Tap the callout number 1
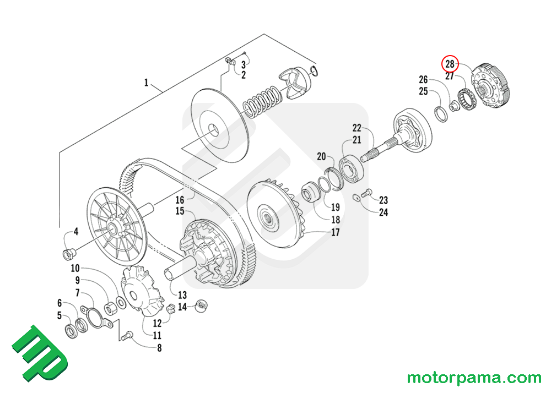(146, 83)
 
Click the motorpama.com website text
(474, 378)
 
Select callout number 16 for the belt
(180, 200)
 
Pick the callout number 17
(334, 232)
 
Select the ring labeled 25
(440, 113)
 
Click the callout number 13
(182, 294)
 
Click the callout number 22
(356, 128)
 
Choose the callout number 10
(75, 268)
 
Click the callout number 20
(321, 156)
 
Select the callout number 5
(60, 315)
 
